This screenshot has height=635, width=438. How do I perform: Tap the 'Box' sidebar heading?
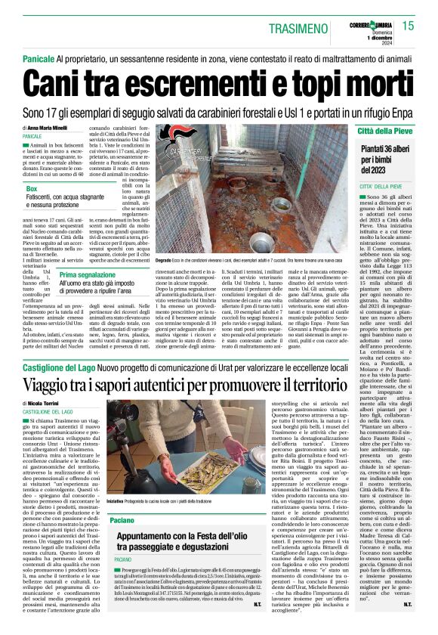pos(32,188)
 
